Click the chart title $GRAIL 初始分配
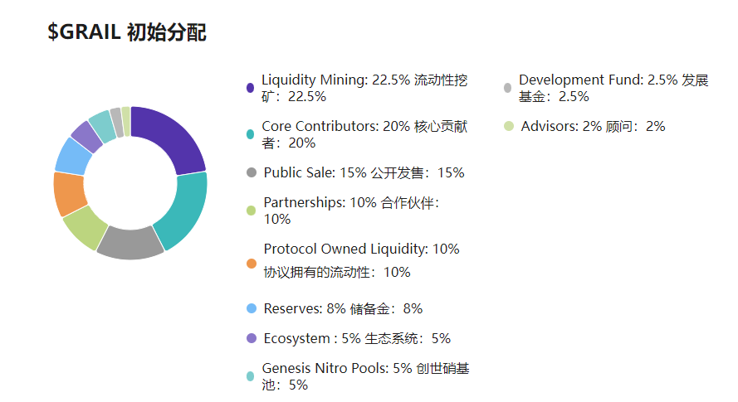127,33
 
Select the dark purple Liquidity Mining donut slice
174,137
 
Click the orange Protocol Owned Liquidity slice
68,194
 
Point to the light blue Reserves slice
73,155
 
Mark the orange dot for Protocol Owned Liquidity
251,264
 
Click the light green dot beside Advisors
508,127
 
